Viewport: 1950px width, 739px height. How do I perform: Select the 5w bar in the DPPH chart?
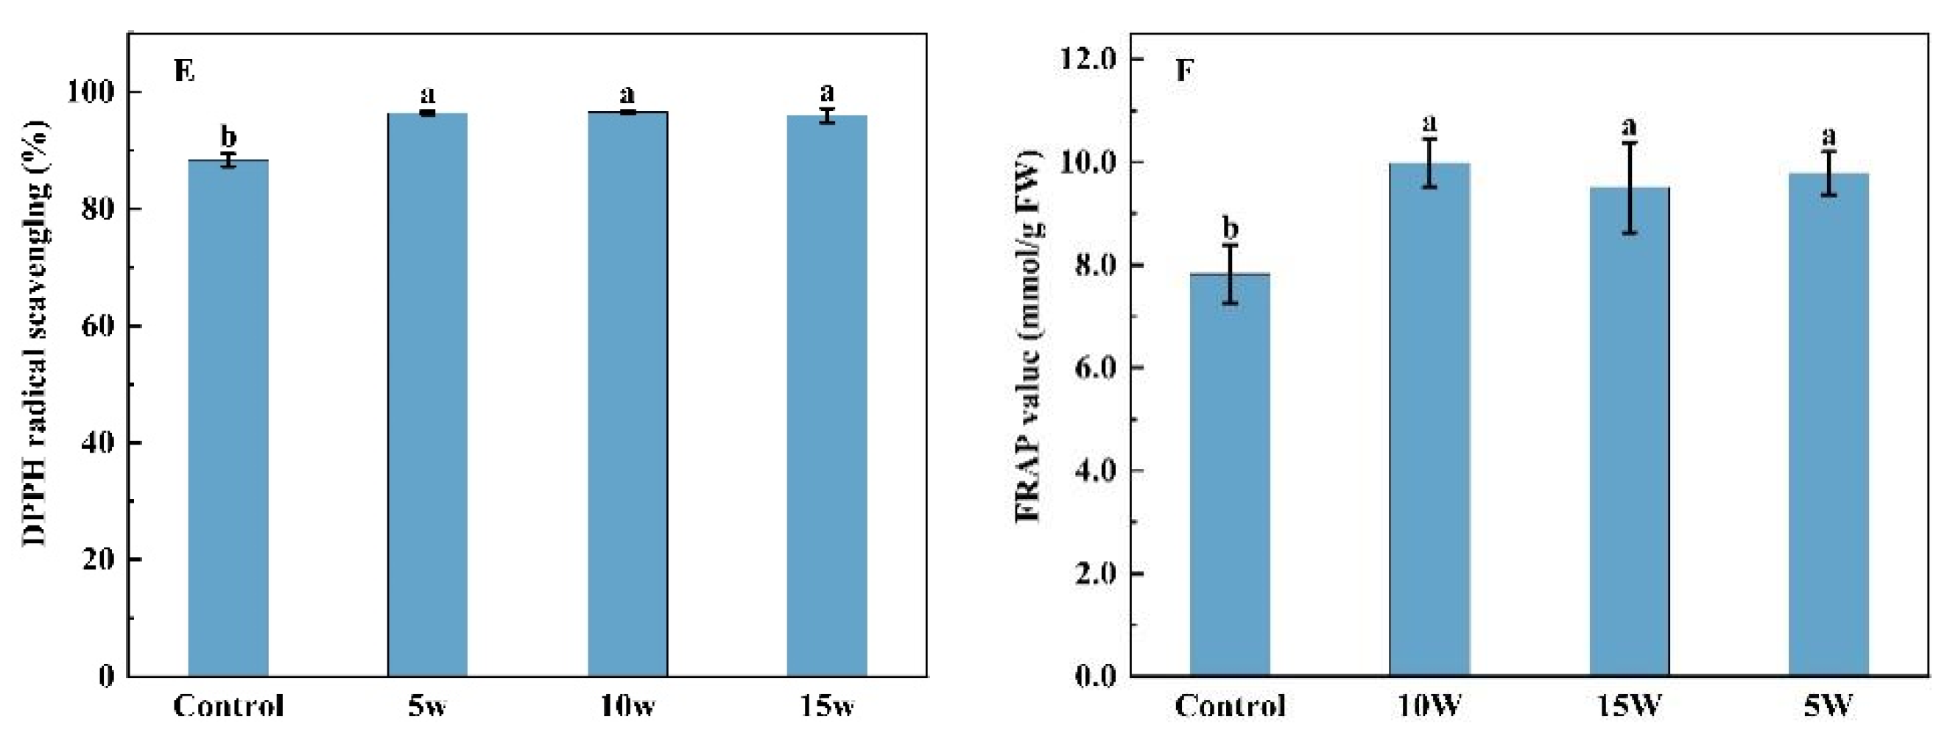tap(428, 394)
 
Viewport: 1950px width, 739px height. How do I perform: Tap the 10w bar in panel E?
tap(627, 393)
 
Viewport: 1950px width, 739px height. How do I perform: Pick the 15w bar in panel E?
tap(827, 395)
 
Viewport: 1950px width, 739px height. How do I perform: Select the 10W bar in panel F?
tap(1429, 419)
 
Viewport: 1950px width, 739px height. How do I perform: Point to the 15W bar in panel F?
tap(1629, 431)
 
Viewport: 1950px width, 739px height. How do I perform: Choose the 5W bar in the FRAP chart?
tap(1829, 425)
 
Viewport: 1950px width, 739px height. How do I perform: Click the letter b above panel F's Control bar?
tap(1230, 227)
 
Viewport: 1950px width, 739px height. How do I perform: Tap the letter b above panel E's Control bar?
tap(228, 137)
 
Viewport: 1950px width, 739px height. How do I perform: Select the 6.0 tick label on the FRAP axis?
tap(1094, 367)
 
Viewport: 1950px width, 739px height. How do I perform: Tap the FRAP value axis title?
tap(1027, 336)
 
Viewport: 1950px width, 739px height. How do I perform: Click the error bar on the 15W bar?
tap(1629, 188)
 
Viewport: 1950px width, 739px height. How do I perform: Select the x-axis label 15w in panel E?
tap(827, 707)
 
